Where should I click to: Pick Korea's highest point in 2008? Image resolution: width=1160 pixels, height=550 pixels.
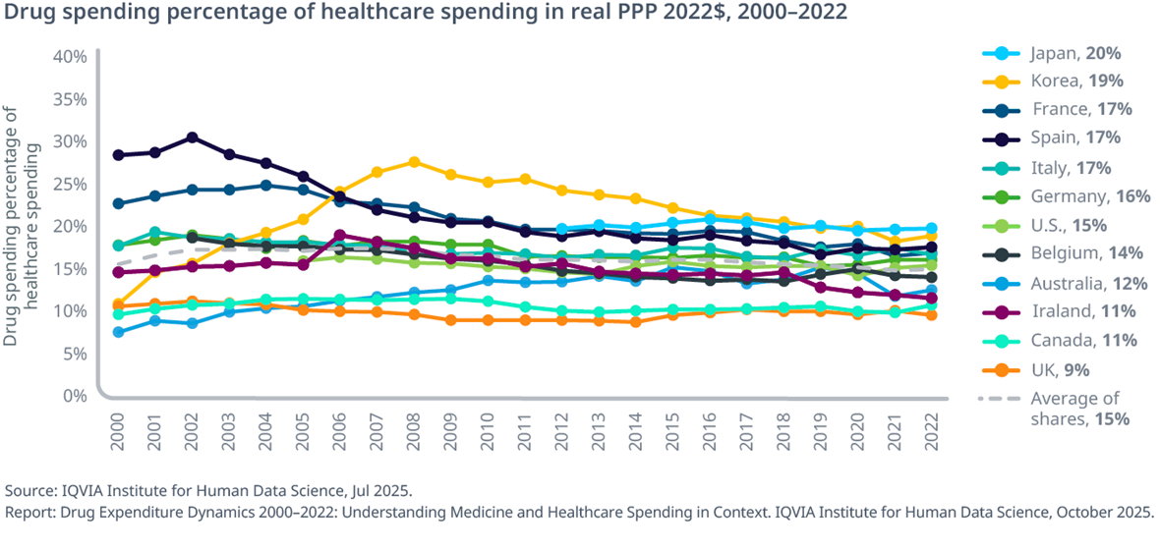point(414,162)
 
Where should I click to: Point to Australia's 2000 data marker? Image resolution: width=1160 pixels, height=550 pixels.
point(118,332)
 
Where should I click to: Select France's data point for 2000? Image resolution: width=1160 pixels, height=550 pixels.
point(118,204)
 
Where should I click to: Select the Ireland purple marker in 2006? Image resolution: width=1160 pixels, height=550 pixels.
point(340,236)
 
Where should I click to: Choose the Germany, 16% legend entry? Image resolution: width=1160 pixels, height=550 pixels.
point(1088,195)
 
